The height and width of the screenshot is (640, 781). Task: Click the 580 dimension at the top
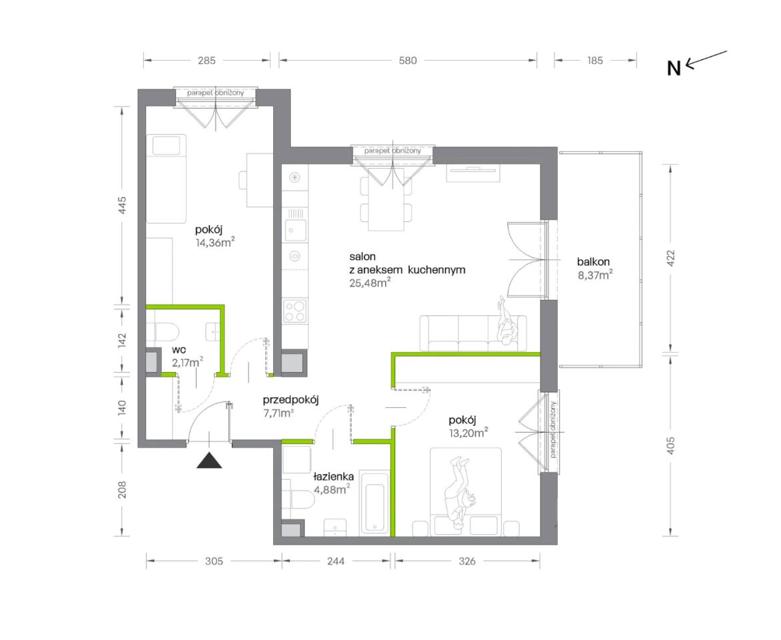(x=407, y=60)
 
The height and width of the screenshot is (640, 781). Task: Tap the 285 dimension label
(x=206, y=60)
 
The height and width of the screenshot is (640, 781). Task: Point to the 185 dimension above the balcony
(x=594, y=60)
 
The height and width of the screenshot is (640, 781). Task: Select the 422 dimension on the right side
(x=670, y=258)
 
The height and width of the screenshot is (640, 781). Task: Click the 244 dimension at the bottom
(x=336, y=561)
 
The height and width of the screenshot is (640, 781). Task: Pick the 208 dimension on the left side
(x=122, y=490)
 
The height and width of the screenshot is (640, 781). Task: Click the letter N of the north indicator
(x=674, y=68)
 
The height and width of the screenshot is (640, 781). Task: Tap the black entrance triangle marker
(x=209, y=460)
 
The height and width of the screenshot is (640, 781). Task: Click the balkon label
(x=593, y=262)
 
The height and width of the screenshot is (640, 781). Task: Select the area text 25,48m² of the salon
(x=370, y=283)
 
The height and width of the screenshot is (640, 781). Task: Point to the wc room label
(x=179, y=350)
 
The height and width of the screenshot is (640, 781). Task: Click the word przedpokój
(x=291, y=400)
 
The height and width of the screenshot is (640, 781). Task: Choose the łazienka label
(x=333, y=477)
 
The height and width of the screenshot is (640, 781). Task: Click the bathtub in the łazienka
(x=374, y=503)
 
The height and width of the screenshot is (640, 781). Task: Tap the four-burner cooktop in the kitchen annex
(x=295, y=311)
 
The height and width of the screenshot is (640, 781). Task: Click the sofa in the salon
(x=472, y=333)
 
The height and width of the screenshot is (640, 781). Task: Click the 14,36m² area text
(x=215, y=243)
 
